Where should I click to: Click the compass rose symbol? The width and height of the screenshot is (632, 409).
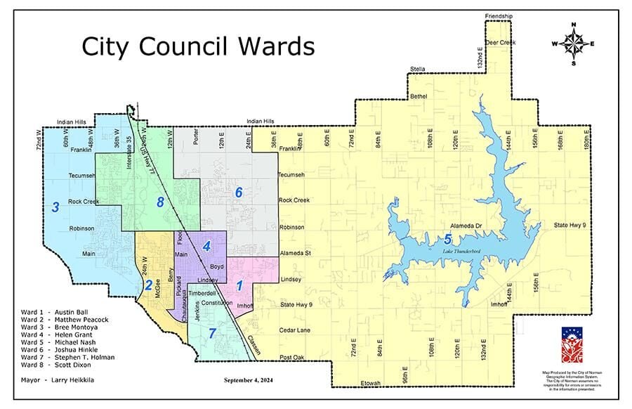pyautogui.click(x=574, y=44)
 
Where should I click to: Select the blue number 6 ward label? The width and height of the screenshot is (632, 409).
pyautogui.click(x=239, y=192)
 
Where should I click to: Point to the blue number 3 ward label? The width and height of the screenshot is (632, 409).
pyautogui.click(x=54, y=207)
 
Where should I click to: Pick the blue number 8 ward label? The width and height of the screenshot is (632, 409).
pyautogui.click(x=161, y=204)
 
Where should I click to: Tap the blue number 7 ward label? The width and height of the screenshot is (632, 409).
pyautogui.click(x=212, y=331)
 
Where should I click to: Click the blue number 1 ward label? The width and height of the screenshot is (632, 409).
pyautogui.click(x=239, y=285)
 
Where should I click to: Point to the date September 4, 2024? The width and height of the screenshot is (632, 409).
pyautogui.click(x=248, y=380)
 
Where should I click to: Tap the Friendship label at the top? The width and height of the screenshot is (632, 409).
pyautogui.click(x=499, y=15)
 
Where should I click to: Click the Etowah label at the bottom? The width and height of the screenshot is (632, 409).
pyautogui.click(x=369, y=383)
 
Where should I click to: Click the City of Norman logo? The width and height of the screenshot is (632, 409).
pyautogui.click(x=570, y=344)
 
